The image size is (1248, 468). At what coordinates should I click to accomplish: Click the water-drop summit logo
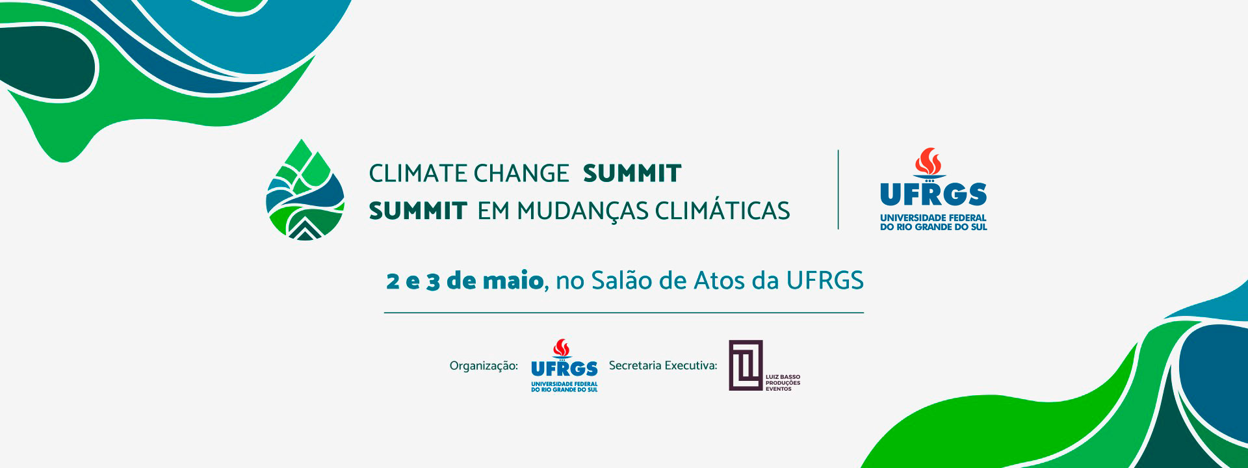pos(305,190)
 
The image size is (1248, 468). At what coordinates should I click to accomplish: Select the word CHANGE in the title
pos(521,174)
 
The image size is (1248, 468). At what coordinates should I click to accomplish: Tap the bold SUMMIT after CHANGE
pos(632,174)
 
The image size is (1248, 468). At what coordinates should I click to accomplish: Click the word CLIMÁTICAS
pos(722,210)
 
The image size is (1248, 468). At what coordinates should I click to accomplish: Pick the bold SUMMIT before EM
pos(418,211)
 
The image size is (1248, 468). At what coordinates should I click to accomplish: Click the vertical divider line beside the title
pos(838,190)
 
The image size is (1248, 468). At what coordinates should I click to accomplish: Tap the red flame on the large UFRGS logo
pos(929,162)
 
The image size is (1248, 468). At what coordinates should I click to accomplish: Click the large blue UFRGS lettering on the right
pos(933,194)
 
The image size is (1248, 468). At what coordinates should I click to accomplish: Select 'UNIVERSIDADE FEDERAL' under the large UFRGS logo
pos(933,218)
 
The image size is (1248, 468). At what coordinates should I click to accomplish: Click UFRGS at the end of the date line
pos(825,281)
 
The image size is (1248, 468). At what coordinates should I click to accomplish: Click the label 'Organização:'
pos(484,366)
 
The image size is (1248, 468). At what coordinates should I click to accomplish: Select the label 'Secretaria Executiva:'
pos(663,365)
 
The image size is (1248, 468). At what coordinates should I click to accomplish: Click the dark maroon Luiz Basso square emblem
pos(746,365)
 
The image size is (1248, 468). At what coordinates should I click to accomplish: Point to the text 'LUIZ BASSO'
pos(783,377)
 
